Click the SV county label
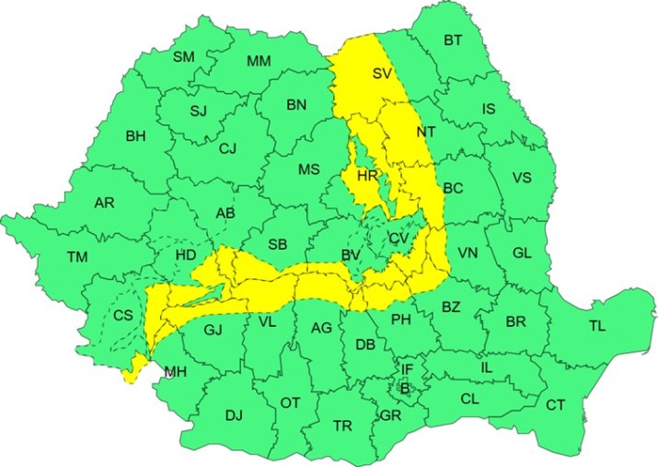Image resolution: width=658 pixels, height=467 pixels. point(381,73)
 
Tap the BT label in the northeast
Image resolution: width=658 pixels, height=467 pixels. point(453,41)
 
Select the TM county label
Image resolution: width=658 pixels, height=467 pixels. point(76,257)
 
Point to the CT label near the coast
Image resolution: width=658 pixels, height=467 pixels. point(555,405)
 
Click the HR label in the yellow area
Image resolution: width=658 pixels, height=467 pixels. point(367,175)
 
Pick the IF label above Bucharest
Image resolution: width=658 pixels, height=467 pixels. point(407,369)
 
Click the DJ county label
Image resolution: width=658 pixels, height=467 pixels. point(234,415)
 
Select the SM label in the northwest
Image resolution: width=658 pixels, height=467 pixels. point(184,57)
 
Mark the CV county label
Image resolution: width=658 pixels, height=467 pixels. point(398,239)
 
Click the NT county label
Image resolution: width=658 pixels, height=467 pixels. point(425,133)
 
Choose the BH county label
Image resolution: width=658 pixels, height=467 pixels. point(135,136)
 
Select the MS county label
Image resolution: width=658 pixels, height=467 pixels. point(308,169)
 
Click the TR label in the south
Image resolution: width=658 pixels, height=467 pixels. point(342,426)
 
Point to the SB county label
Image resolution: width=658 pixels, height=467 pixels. point(277,244)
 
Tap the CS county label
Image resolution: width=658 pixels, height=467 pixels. point(123,315)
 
